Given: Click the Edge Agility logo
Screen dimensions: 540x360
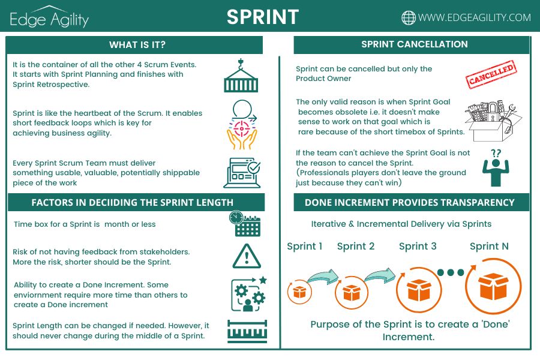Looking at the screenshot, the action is (x=49, y=17).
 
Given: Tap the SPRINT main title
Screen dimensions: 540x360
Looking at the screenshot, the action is (x=263, y=17).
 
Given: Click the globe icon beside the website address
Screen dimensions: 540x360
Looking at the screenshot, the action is (x=409, y=17).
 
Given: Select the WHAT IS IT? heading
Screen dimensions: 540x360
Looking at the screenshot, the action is (x=137, y=45).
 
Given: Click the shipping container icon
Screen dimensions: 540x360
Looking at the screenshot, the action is (x=241, y=76).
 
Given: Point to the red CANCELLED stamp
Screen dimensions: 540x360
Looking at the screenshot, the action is (x=491, y=75).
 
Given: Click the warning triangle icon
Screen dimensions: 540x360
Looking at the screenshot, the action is (x=247, y=256).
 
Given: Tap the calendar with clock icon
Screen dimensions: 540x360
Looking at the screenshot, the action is (x=245, y=223).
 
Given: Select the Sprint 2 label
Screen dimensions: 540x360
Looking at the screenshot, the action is (x=355, y=247).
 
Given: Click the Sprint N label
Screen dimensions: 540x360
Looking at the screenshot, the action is (x=489, y=247).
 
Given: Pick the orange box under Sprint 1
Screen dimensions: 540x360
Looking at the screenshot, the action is (x=299, y=292).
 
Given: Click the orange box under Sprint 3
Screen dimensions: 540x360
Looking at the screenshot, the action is (x=419, y=290).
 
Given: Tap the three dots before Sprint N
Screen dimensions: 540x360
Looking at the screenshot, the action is (x=451, y=272).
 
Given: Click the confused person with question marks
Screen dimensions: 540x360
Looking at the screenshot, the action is (x=496, y=168).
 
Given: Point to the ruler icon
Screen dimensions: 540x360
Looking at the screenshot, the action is (x=247, y=331).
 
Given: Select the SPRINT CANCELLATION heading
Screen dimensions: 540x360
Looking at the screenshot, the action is (x=414, y=44).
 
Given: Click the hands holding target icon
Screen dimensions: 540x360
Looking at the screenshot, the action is (x=242, y=125).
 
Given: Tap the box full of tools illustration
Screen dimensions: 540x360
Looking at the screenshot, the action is (x=493, y=121).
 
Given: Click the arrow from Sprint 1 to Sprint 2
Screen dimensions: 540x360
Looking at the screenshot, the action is (x=323, y=276).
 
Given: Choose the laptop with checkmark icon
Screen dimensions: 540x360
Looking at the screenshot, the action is (x=242, y=173).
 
